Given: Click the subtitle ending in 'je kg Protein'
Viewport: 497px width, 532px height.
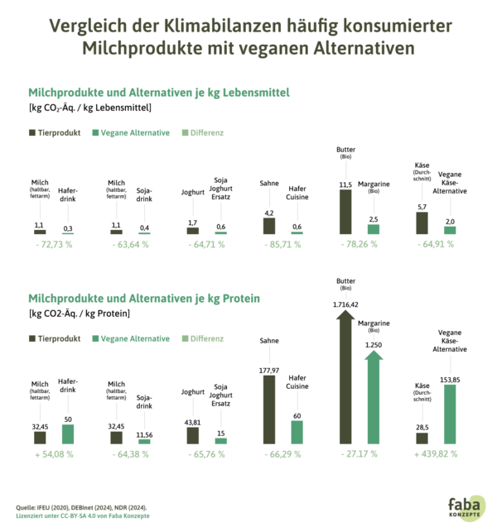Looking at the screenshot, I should click(144, 299).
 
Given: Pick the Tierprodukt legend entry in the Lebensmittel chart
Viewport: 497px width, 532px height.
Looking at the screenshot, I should click(55, 132).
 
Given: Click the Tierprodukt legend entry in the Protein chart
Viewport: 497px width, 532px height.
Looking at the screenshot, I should click(55, 338).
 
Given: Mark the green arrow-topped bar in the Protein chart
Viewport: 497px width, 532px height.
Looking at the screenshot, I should click(374, 397).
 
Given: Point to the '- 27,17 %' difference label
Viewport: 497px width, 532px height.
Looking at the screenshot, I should click(359, 453).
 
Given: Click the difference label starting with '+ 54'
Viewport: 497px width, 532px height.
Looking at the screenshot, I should click(54, 453).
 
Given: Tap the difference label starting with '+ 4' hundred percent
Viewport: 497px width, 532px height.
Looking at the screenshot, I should click(436, 453).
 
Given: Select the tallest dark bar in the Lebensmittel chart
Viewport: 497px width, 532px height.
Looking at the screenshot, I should click(345, 212).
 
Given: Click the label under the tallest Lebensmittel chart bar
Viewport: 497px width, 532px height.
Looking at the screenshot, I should click(359, 245).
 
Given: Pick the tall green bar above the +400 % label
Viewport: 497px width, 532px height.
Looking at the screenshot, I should click(450, 414).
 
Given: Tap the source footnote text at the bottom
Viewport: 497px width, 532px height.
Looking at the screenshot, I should click(83, 510).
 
